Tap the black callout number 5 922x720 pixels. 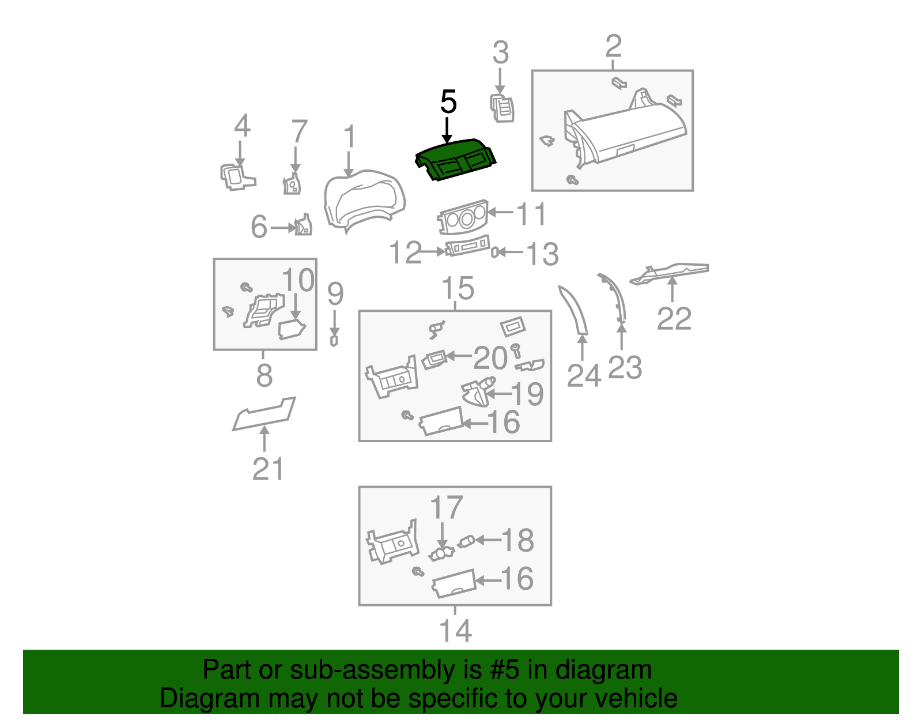(448, 103)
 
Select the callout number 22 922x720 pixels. (674, 318)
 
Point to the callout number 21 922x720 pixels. (268, 469)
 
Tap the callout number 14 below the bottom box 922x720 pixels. (455, 631)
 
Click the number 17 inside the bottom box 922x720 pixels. (446, 508)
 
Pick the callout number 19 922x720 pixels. (527, 394)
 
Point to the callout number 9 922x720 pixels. (335, 293)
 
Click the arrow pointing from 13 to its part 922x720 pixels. (511, 252)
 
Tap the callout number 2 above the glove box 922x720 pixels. (613, 46)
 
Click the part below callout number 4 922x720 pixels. (235, 176)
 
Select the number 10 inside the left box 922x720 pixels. (298, 280)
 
